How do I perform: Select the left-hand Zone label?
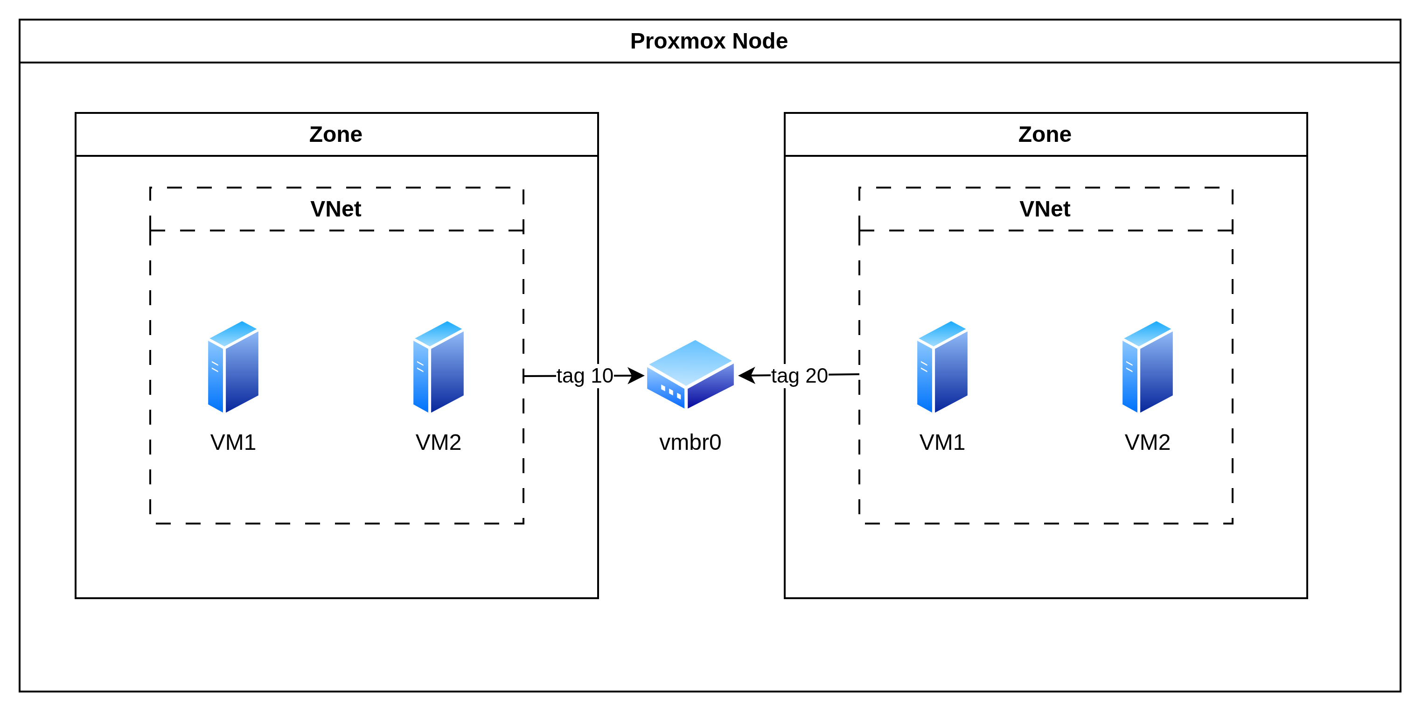click(x=335, y=135)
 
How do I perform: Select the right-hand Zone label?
click(x=1045, y=135)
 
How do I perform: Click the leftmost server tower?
click(x=233, y=367)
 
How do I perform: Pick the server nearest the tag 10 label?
click(x=438, y=367)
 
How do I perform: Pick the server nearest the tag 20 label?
click(x=942, y=367)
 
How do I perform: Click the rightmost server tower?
click(x=1147, y=367)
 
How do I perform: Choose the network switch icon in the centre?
click(x=690, y=374)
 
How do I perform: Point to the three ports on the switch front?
click(x=671, y=392)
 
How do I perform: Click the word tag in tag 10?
click(x=570, y=376)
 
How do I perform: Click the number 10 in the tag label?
click(x=602, y=376)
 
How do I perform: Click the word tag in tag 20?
click(x=785, y=376)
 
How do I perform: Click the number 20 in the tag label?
click(x=816, y=376)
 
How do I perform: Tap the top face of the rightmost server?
click(x=1148, y=333)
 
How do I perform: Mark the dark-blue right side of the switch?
click(x=712, y=387)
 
